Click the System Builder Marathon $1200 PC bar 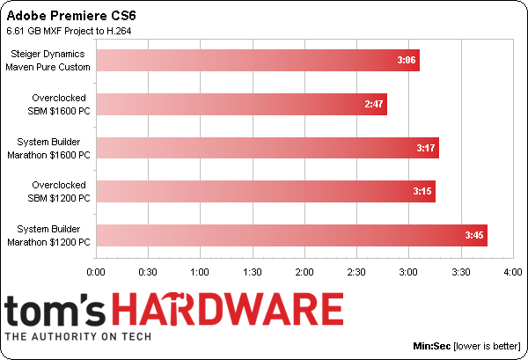(291, 235)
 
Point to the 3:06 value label (406, 60)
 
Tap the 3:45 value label (473, 235)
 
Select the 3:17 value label (424, 148)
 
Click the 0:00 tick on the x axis (97, 273)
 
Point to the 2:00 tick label (304, 273)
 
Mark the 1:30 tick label (253, 273)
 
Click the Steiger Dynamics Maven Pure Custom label (49, 60)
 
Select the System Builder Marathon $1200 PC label (49, 235)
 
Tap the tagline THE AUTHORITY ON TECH (79, 336)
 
